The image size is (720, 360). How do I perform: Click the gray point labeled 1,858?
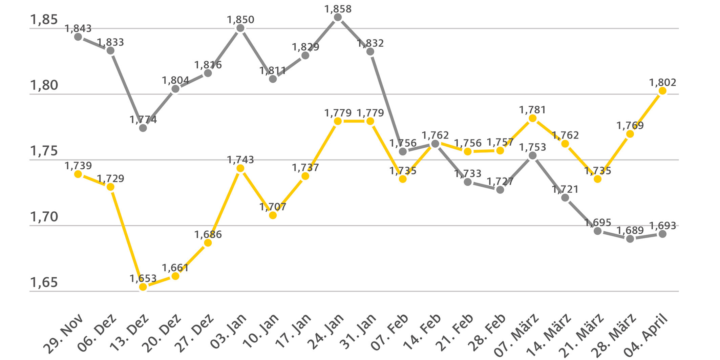pos(338,17)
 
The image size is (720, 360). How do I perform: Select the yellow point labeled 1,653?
pos(143,287)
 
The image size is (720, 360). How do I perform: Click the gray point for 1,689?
pos(630,239)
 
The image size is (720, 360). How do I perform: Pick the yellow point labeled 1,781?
pos(532,118)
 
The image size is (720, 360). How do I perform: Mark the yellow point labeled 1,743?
pos(240,168)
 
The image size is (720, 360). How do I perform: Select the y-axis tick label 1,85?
pos(44,20)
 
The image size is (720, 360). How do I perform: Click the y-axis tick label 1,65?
pos(44,282)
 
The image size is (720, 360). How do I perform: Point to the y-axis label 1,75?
pos(44,151)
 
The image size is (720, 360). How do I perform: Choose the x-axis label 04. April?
pos(646,335)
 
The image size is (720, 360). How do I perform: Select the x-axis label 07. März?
pos(516,335)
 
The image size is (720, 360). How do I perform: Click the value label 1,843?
pos(78,28)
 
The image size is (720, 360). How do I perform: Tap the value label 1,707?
pos(273,207)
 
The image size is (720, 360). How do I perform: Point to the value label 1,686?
pos(208,234)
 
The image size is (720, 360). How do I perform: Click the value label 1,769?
pos(630,126)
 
